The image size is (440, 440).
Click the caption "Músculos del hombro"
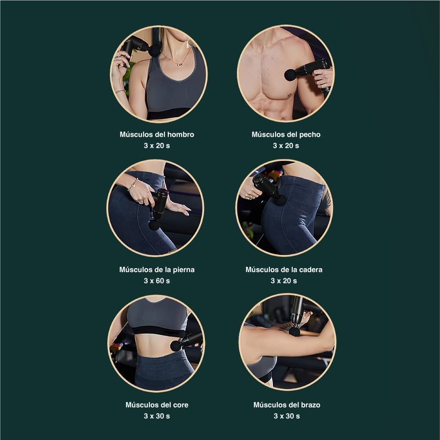(x=156, y=135)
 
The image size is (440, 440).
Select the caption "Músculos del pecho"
(x=286, y=135)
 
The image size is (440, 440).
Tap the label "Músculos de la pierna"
(x=156, y=269)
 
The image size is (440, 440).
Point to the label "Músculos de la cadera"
(x=284, y=269)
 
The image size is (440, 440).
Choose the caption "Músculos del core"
(x=156, y=405)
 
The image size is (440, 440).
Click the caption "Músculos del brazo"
(x=287, y=405)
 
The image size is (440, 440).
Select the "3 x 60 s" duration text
(x=156, y=280)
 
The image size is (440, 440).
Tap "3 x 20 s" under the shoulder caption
(x=156, y=145)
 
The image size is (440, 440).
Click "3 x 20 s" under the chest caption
(x=286, y=145)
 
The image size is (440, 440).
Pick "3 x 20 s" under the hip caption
(x=284, y=280)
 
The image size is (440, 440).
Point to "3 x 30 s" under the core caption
(x=156, y=416)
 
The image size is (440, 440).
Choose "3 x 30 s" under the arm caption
(x=287, y=416)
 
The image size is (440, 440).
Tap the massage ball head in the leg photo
(x=154, y=225)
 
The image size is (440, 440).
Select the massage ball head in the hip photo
(x=280, y=200)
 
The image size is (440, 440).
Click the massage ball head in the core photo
(x=176, y=346)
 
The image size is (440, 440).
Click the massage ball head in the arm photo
(x=294, y=331)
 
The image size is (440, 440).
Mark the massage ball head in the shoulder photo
(x=154, y=51)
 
